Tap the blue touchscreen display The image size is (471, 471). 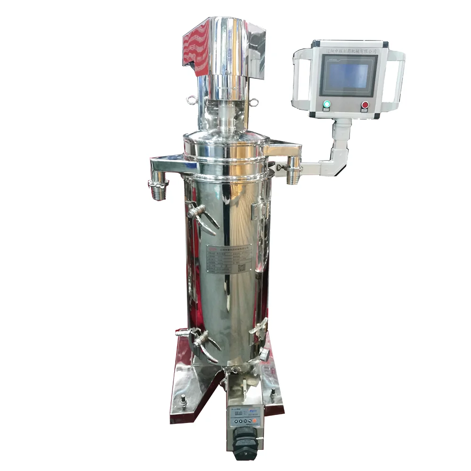(x=349, y=75)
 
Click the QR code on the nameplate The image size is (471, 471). (x=242, y=268)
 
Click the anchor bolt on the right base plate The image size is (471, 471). (x=272, y=392)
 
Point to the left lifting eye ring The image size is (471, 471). (x=191, y=100)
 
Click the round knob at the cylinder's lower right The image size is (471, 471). (x=265, y=354)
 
